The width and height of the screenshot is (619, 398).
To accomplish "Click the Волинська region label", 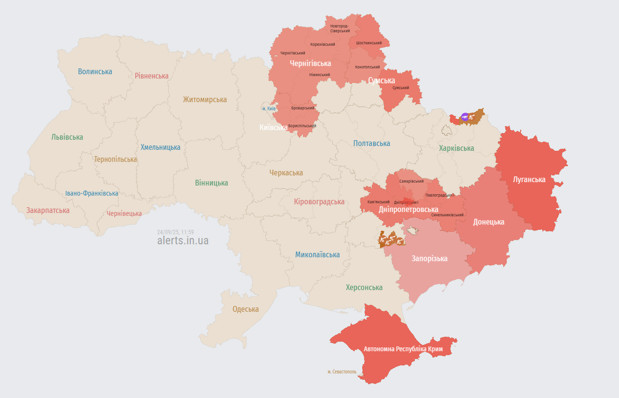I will click(95, 72).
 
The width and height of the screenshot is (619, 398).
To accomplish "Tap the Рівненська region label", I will click(152, 76).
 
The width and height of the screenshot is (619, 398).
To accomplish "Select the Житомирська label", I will click(205, 100).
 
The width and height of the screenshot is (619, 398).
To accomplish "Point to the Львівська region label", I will click(67, 137).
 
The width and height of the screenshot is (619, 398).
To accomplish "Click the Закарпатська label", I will click(48, 210).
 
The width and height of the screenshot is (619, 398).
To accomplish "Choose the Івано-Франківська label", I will click(92, 193).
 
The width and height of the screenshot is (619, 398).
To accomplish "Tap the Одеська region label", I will click(245, 309).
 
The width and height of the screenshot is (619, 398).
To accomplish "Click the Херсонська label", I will click(364, 287).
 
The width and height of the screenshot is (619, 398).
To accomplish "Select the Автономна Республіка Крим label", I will click(403, 348).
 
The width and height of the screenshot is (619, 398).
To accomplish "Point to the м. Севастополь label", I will click(342, 371).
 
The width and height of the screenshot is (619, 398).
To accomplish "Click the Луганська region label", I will click(529, 179).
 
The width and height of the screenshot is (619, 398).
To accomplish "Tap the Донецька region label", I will click(488, 222).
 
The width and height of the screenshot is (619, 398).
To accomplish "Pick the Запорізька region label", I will click(429, 258).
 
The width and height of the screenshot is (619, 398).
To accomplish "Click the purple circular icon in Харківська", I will click(464, 116).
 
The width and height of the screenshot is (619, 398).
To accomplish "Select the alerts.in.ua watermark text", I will click(183, 240).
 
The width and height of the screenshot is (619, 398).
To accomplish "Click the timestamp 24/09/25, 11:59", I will click(175, 232).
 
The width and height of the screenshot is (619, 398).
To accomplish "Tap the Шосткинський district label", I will click(369, 43).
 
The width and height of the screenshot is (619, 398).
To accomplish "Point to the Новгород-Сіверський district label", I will click(340, 28).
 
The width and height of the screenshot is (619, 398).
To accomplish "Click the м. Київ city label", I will click(269, 108).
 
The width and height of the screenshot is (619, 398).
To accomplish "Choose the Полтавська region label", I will click(371, 143).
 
